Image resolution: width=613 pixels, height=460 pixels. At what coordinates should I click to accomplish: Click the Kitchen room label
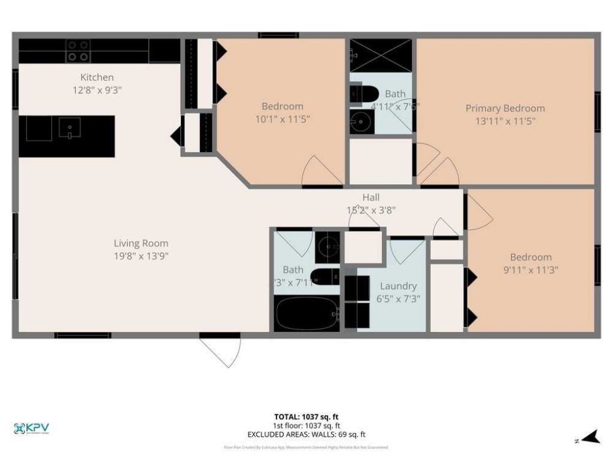97,77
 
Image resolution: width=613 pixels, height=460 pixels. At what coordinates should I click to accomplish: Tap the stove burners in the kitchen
78,51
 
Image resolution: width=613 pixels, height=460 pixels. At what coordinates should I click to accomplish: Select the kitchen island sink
70,127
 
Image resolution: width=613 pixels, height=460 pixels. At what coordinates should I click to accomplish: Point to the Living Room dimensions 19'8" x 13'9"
141,256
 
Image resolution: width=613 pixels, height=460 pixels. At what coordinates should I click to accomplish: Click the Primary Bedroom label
505,108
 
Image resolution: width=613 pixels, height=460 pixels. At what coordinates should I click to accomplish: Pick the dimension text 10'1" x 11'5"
282,119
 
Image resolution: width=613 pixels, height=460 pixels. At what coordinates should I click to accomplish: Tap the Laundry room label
398,286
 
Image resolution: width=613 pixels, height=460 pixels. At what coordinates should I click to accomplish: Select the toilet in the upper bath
363,94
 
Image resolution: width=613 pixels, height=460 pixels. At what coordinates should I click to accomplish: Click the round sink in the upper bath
362,122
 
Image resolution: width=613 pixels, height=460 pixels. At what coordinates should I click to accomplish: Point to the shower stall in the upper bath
381,55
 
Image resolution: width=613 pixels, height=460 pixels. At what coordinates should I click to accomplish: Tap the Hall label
371,197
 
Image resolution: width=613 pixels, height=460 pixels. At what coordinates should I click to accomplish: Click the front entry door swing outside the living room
220,350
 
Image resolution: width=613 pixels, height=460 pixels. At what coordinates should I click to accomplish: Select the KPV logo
31,428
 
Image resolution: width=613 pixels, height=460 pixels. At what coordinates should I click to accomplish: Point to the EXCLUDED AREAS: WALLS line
306,434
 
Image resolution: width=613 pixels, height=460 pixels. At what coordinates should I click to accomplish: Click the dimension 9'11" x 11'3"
531,270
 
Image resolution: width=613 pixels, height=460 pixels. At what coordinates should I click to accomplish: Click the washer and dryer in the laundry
357,302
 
